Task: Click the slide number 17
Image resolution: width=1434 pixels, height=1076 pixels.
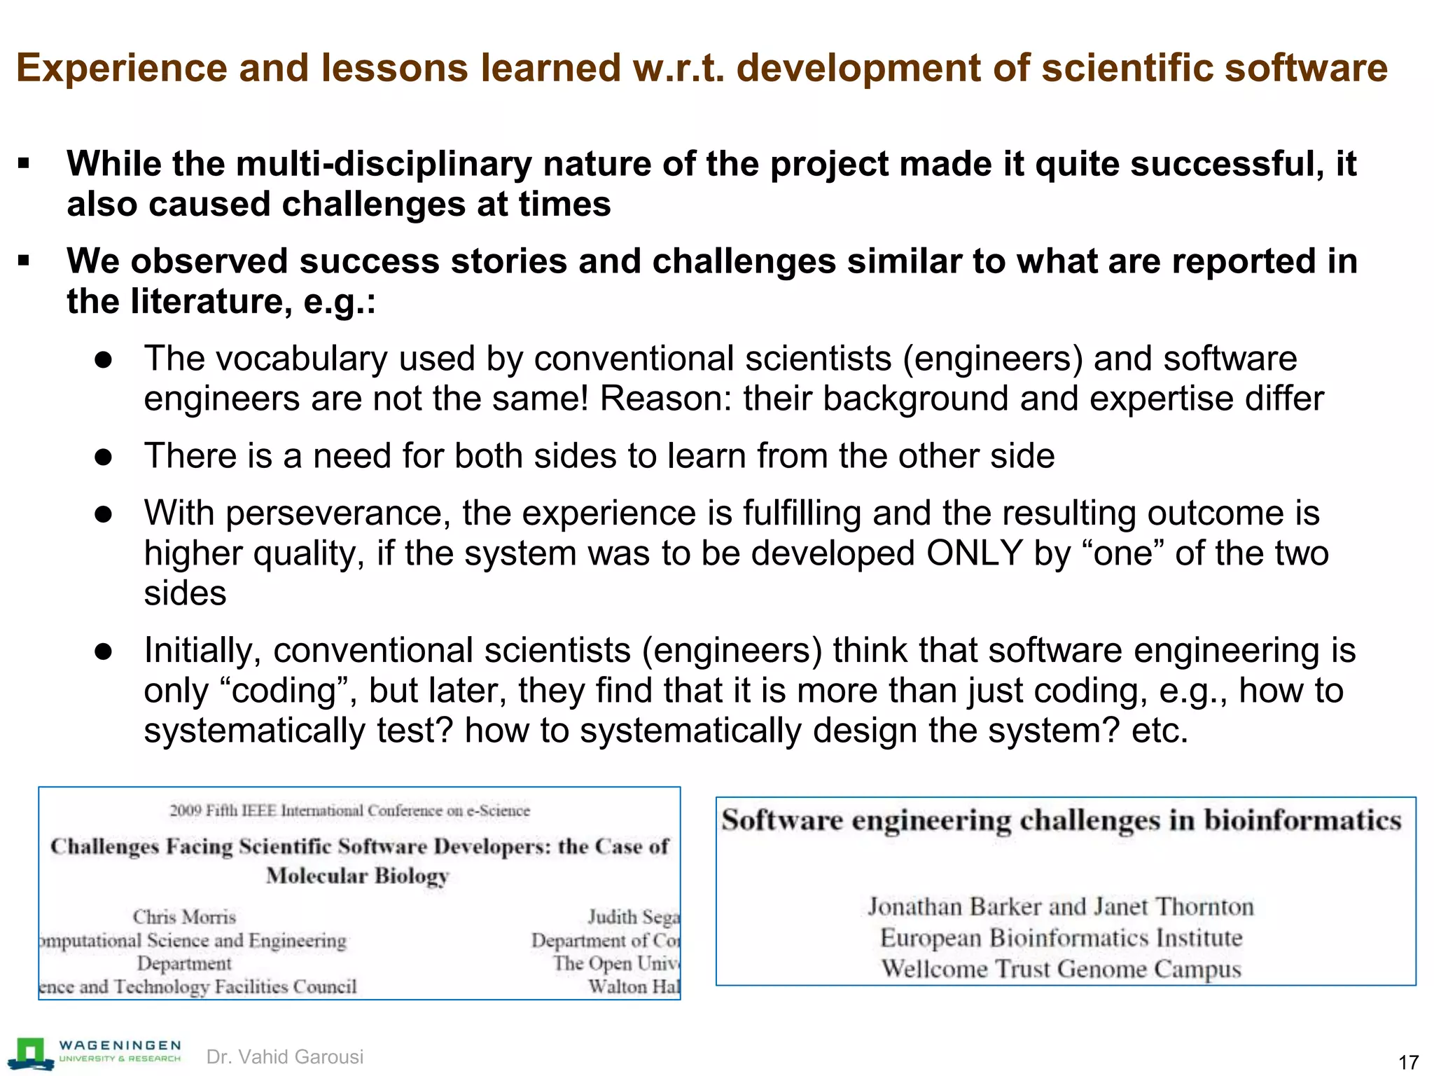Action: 1408,1062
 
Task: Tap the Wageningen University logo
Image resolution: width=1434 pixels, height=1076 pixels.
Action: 95,1054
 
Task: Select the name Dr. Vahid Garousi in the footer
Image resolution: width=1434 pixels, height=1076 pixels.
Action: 285,1056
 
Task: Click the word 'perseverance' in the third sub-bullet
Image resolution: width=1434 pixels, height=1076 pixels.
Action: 338,513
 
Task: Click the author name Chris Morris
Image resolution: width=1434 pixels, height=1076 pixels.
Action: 184,917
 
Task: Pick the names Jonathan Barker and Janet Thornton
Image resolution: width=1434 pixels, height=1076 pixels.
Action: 1061,906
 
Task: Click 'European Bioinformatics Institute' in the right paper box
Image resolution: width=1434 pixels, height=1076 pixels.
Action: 1061,938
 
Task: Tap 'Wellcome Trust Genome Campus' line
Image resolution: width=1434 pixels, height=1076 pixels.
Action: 1061,969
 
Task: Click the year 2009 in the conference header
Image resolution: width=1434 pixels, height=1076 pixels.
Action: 186,811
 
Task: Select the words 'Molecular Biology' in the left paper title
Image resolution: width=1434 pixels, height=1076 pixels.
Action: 357,876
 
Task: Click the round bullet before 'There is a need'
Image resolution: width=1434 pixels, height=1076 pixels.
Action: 104,457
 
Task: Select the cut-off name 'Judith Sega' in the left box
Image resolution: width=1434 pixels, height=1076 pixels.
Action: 634,917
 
